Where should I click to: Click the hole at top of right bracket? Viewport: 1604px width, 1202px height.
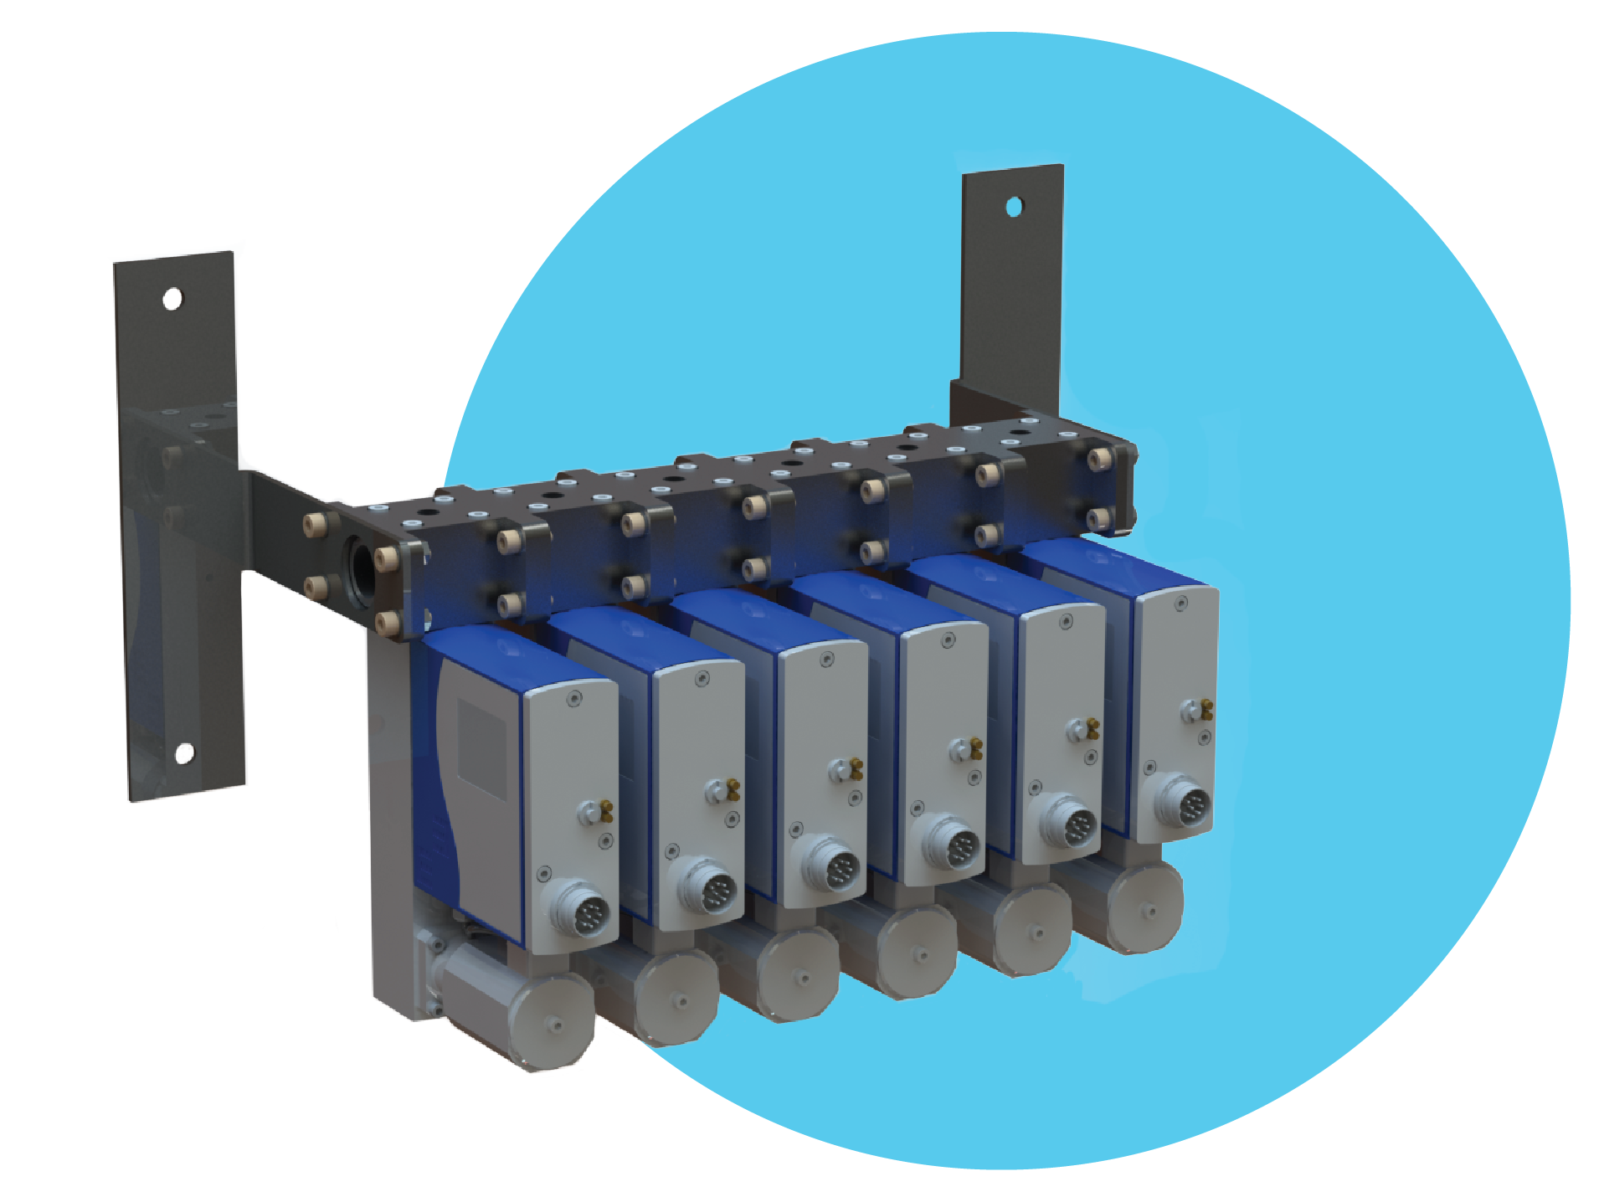(1013, 206)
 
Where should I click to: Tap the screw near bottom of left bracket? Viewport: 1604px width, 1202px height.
(185, 754)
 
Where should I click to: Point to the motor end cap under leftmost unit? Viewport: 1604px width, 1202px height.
(550, 1023)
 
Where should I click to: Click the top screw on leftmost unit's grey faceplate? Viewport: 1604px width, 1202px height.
(573, 698)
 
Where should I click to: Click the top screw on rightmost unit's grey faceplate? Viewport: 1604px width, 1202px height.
(1182, 602)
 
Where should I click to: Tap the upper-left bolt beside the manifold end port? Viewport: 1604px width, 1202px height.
(315, 525)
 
